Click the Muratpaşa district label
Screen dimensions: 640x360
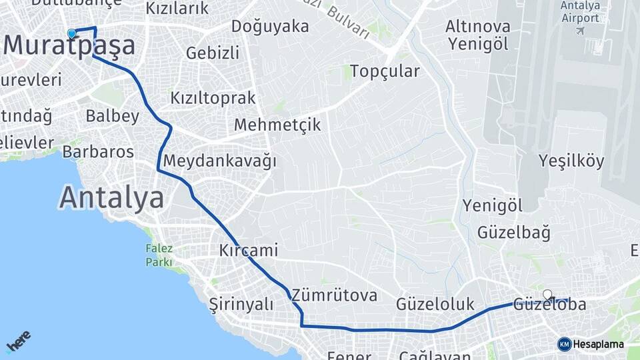click(x=69, y=46)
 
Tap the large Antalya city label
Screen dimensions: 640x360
click(x=111, y=198)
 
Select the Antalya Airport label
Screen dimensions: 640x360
click(x=581, y=12)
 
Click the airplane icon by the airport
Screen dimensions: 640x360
click(x=579, y=31)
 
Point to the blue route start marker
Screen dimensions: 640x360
click(x=71, y=33)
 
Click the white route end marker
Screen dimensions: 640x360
click(x=547, y=294)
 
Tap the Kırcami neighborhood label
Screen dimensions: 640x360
click(x=249, y=251)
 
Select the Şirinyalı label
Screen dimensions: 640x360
click(x=241, y=304)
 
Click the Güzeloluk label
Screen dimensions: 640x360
click(x=435, y=304)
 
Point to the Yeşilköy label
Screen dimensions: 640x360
click(x=571, y=161)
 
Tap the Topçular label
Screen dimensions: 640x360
click(x=385, y=71)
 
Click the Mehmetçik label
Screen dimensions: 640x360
click(x=277, y=125)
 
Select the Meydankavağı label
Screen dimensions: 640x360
click(x=219, y=161)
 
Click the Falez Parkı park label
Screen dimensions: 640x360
click(x=159, y=255)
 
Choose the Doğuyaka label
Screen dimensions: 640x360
click(x=270, y=27)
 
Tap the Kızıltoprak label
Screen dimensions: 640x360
click(x=213, y=98)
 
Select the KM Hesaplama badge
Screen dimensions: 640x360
click(x=591, y=344)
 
